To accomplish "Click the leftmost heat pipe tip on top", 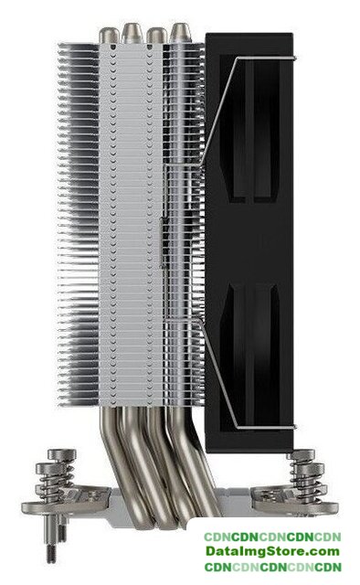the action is (109, 36).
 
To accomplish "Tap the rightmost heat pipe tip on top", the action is (180, 33).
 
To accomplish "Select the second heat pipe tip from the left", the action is (131, 33).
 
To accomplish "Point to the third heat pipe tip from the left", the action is (156, 36).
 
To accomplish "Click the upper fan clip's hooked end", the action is (293, 58).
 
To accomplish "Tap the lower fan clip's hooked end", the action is (293, 427).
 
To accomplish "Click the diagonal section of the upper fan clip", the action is (218, 111).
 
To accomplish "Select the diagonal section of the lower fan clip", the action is (218, 374).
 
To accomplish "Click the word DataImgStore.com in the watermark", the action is (272, 551).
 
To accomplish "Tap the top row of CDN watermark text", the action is (272, 537).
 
